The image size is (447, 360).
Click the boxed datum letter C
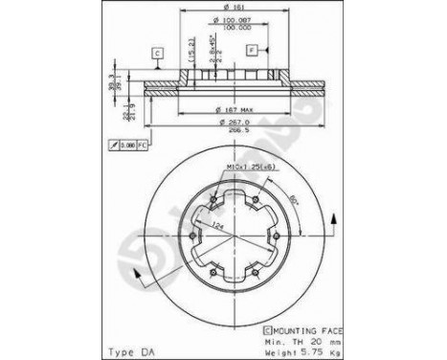pyautogui.click(x=155, y=53)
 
